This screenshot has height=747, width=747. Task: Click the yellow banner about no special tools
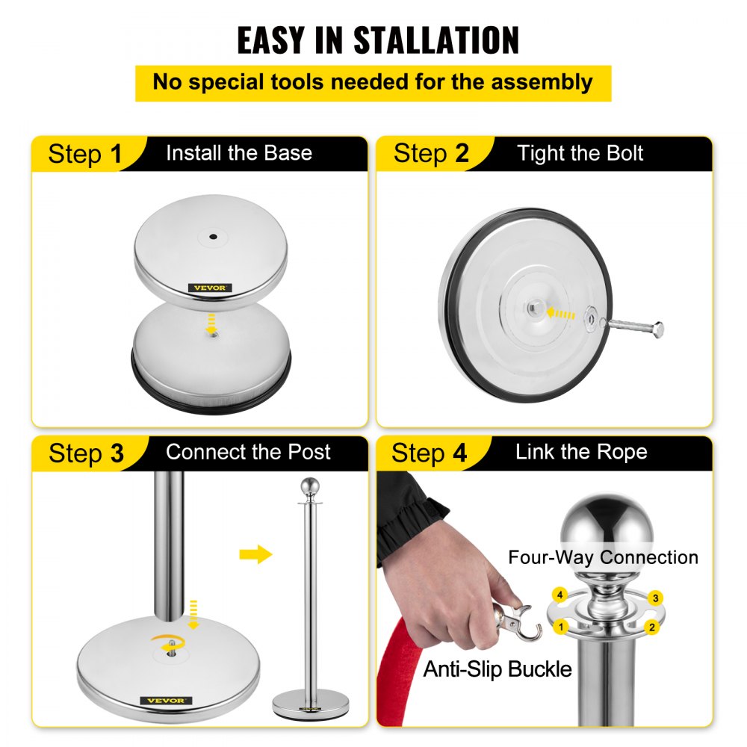(373, 82)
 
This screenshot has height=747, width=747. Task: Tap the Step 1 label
(84, 155)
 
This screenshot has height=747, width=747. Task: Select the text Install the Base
(238, 153)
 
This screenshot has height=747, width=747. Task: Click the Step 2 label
(431, 154)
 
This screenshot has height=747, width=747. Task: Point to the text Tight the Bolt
(580, 154)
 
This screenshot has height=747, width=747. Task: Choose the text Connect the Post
(248, 452)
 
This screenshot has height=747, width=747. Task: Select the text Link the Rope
(581, 452)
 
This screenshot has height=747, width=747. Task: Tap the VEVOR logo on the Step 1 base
(210, 288)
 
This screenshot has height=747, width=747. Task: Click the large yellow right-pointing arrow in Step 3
(255, 554)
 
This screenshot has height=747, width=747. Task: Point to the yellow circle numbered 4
(558, 595)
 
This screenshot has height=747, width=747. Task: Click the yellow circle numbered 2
(652, 627)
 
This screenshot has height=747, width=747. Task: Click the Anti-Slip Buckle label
(498, 669)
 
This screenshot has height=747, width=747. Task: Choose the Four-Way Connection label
(603, 557)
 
